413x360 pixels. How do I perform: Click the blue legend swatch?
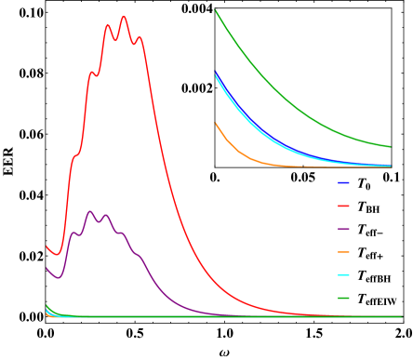click(x=343, y=182)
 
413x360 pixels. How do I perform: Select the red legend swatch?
click(x=343, y=206)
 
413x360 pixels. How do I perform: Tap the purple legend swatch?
click(x=343, y=229)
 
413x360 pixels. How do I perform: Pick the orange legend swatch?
click(x=343, y=252)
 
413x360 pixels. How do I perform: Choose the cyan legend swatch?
click(x=343, y=275)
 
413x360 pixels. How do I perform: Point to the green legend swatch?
click(x=343, y=299)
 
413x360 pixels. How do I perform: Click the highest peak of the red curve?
click(x=124, y=17)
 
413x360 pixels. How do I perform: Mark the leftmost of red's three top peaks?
click(x=108, y=25)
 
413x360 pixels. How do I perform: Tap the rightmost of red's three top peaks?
click(x=140, y=38)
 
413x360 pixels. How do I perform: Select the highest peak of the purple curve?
click(x=90, y=211)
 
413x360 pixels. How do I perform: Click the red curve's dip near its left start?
click(x=56, y=254)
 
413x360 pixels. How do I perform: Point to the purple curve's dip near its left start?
click(x=58, y=277)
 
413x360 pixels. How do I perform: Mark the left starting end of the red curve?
click(x=47, y=247)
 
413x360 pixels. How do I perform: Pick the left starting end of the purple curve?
click(x=47, y=269)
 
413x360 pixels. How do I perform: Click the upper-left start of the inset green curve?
click(x=216, y=10)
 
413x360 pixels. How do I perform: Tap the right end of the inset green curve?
click(x=390, y=146)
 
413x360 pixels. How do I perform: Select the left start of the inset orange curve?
click(x=216, y=123)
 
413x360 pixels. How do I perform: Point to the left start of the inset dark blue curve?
click(x=216, y=73)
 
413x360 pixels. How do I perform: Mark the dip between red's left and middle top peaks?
click(x=115, y=40)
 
